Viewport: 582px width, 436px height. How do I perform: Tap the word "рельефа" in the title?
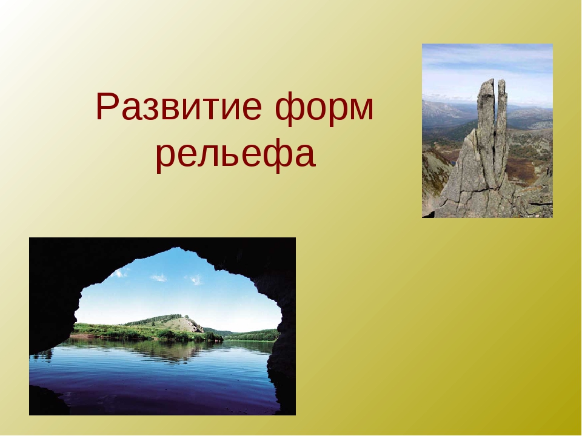point(235,153)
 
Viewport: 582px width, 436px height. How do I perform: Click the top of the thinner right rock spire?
point(501,81)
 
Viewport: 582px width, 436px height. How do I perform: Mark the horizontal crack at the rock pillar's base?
point(479,191)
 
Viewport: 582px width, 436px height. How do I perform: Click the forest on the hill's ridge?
point(156,320)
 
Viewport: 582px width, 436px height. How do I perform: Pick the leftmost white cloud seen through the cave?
point(119,274)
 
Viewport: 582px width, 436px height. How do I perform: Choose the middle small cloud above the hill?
point(159,277)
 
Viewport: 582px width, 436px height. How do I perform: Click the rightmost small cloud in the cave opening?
point(196,280)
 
